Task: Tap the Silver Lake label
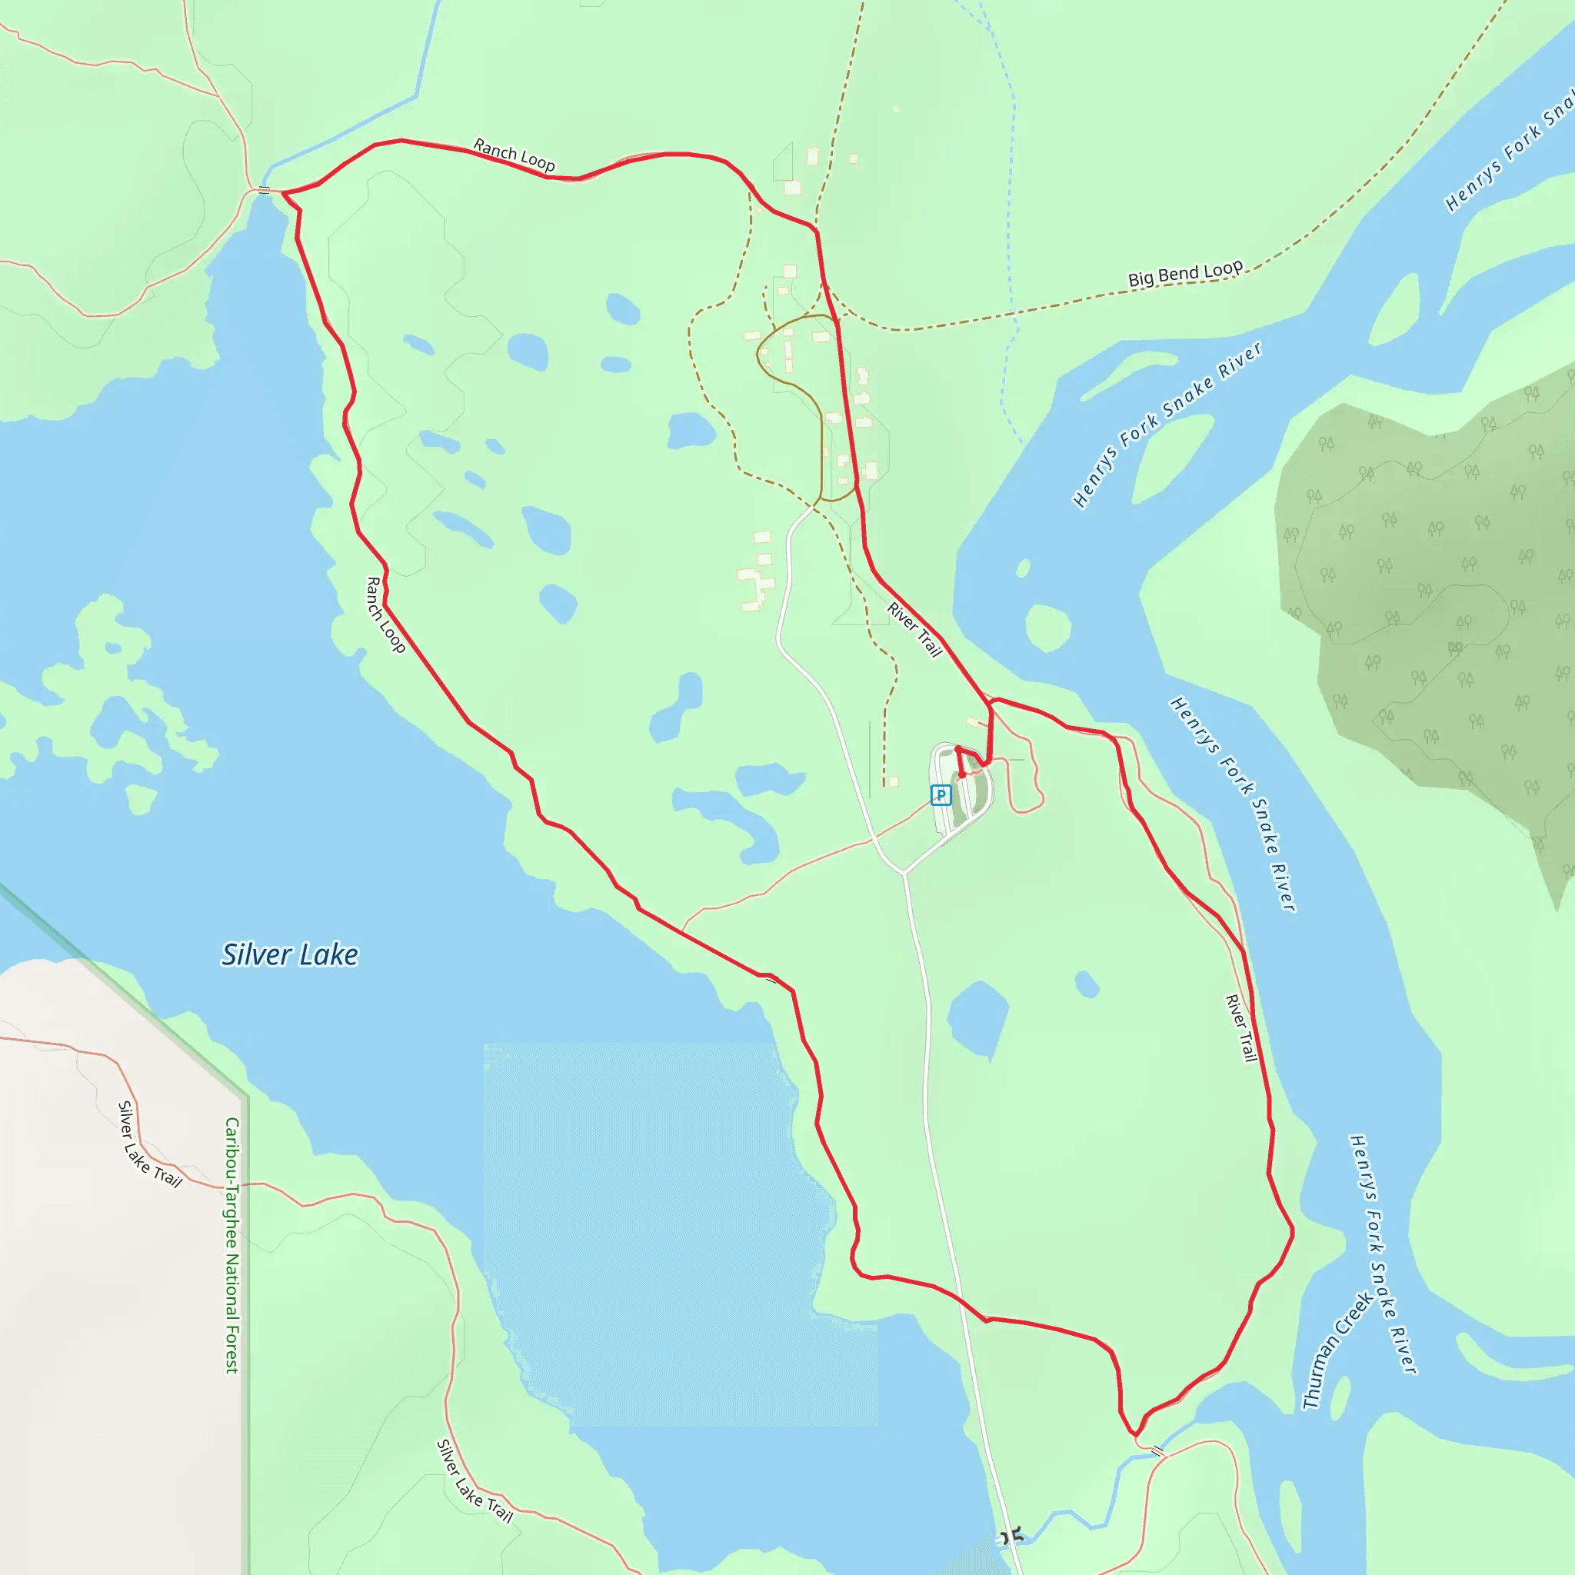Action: point(289,954)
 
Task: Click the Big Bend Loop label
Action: point(1184,274)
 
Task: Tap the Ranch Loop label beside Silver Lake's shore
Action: point(385,614)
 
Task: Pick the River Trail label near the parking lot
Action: point(914,629)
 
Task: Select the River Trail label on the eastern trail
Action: point(1240,1028)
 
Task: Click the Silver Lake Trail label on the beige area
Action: point(150,1144)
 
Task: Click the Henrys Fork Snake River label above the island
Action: point(1167,425)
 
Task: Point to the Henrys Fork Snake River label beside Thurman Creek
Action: point(1384,1254)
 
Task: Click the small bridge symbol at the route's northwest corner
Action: point(264,191)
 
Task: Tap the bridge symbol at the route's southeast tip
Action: point(1157,1451)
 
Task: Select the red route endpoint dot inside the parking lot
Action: point(962,775)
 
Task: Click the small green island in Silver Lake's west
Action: point(141,798)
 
